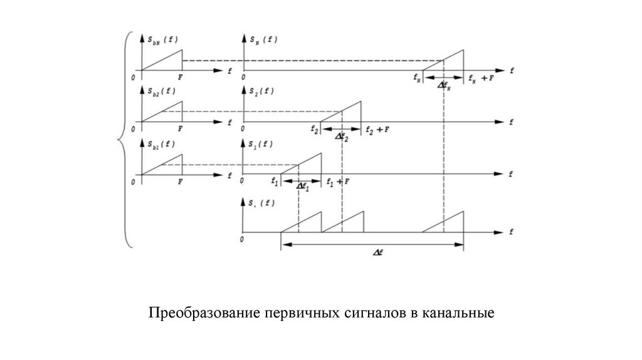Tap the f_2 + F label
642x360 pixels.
378,129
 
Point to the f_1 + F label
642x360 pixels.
339,181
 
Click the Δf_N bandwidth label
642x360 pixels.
444,86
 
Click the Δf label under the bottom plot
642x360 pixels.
378,251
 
